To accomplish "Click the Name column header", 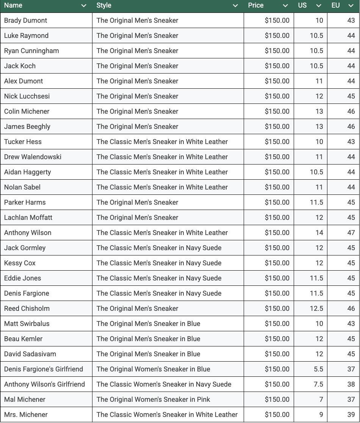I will [13, 5].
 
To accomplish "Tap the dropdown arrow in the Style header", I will [235, 6].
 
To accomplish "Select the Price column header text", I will [256, 5].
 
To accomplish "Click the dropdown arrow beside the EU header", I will [351, 6].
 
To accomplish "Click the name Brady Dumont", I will [26, 20].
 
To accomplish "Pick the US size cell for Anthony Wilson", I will [319, 233].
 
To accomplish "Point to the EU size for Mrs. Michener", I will [351, 415].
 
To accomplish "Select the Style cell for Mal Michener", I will [153, 399].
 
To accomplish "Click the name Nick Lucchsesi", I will [27, 96].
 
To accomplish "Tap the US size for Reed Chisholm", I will [316, 309].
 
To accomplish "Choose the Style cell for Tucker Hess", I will [162, 142].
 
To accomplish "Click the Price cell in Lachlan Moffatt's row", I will [277, 218].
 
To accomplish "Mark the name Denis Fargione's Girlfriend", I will [44, 369].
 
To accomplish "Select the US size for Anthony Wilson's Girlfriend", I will [318, 384].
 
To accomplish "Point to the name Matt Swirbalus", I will [27, 324].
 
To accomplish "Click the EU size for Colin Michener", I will [351, 111].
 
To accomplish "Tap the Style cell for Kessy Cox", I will [159, 263].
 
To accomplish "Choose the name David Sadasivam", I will [30, 354].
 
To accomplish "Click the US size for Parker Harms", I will [316, 202].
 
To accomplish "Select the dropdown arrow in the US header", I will [319, 6].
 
